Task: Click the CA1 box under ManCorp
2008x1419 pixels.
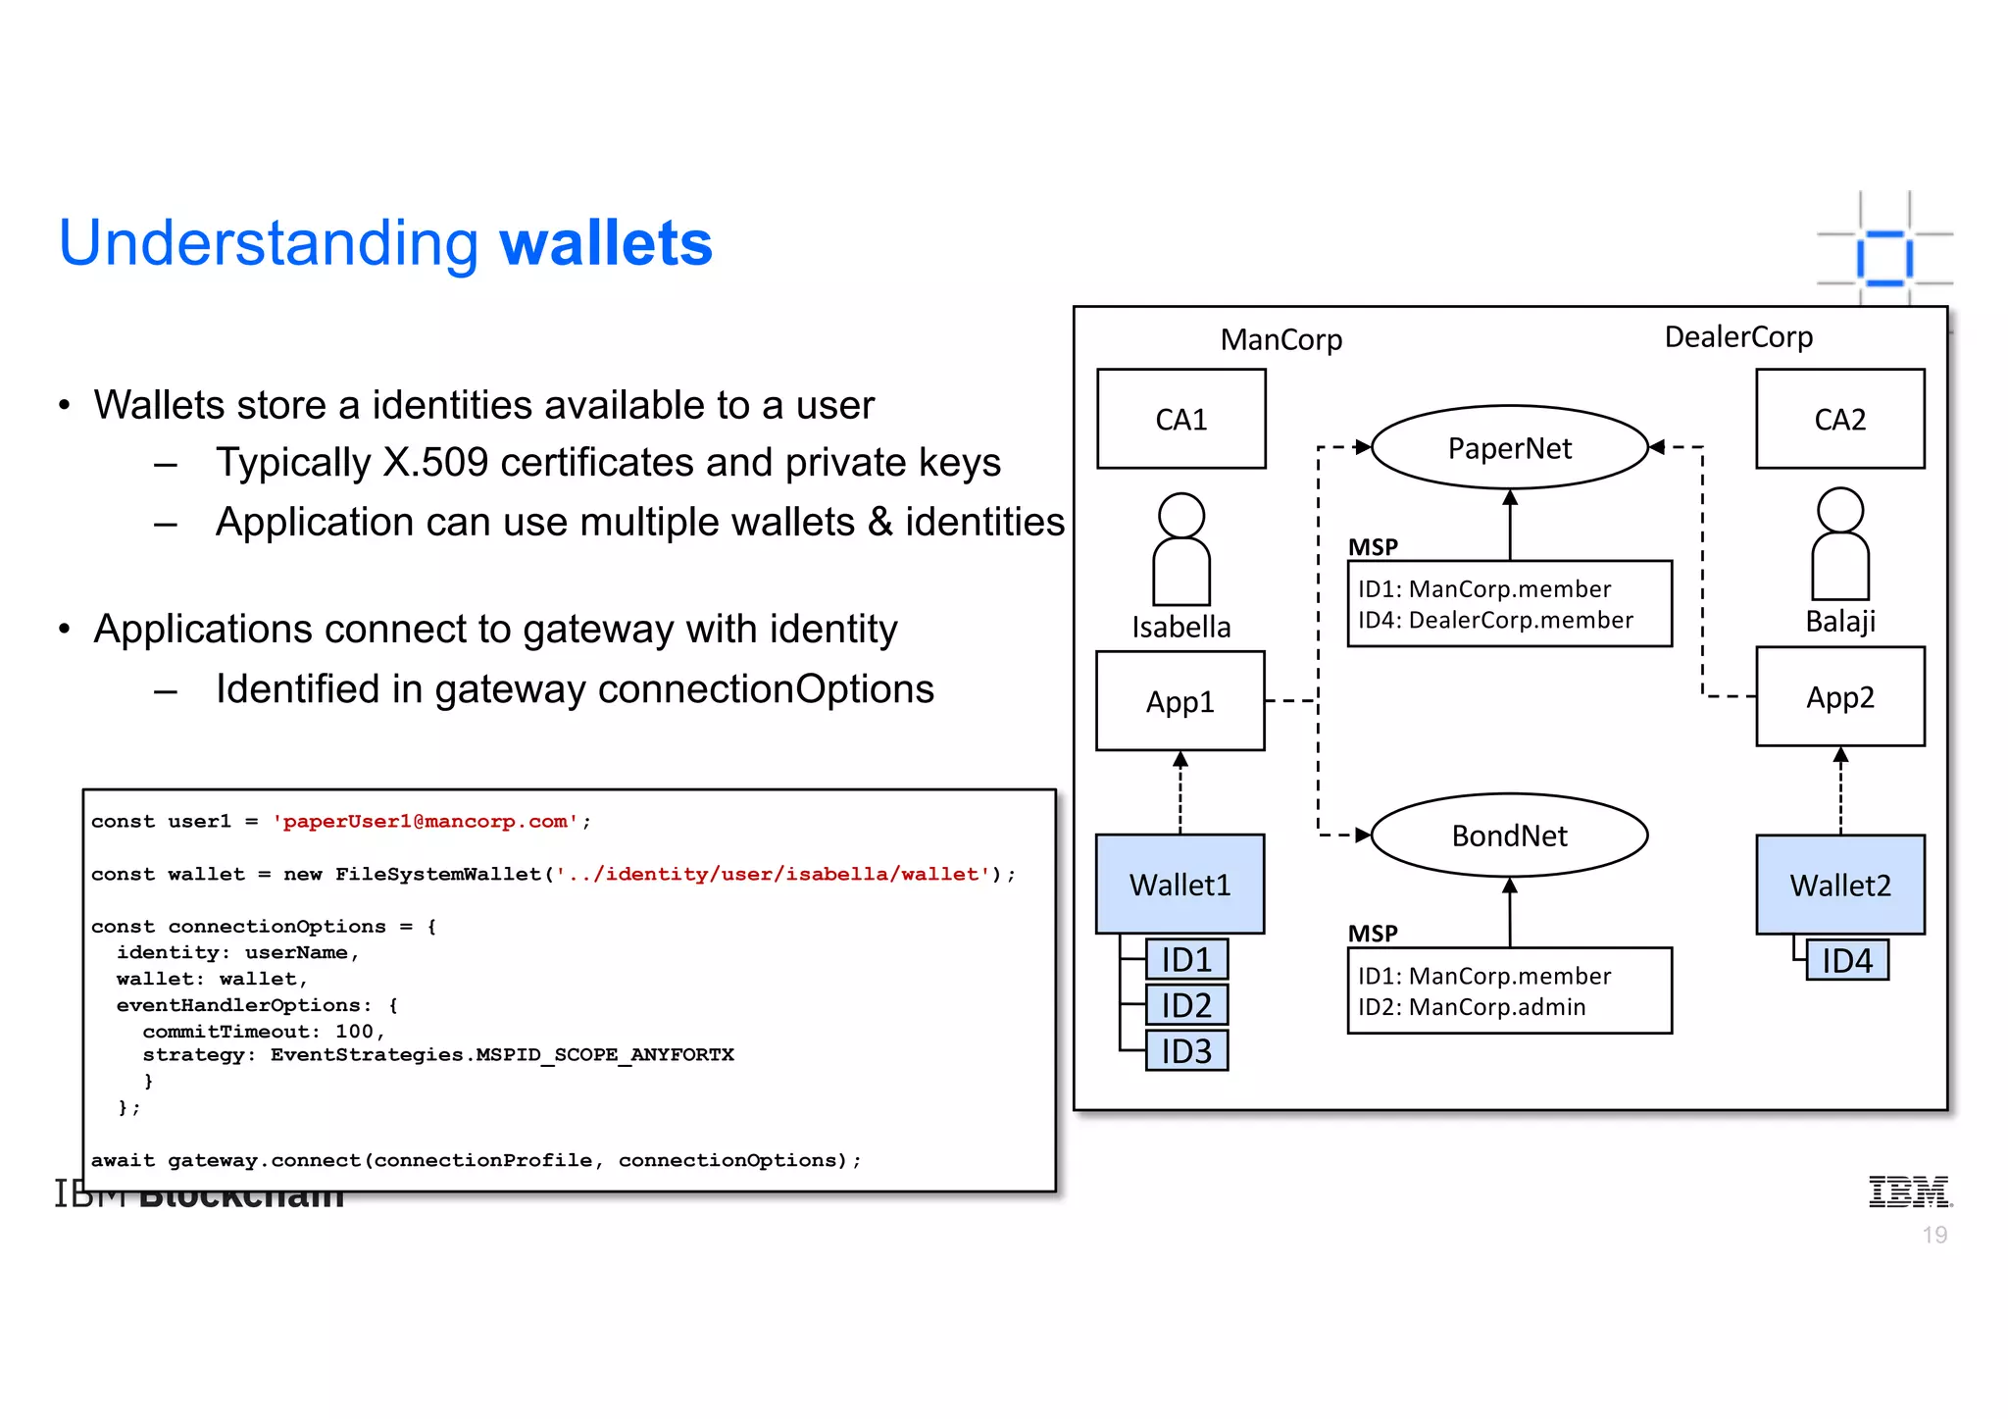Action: [1180, 419]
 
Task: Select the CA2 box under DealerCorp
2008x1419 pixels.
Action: [1839, 419]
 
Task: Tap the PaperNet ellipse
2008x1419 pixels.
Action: [1509, 448]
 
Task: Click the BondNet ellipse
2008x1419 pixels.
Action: [1509, 836]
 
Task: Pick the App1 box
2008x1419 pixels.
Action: [1180, 701]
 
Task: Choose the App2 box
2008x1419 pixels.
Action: [1839, 697]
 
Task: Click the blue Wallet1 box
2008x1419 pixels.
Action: [1180, 885]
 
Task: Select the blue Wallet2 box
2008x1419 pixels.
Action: [1839, 885]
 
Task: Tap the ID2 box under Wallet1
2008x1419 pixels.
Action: [1186, 1005]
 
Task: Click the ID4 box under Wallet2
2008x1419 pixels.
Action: [1846, 961]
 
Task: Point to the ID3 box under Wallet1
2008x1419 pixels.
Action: [1186, 1051]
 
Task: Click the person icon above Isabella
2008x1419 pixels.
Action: [1180, 549]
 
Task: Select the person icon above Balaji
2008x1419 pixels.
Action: [1839, 544]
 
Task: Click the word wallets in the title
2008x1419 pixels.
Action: [606, 243]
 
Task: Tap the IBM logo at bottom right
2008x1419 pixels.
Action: [1908, 1191]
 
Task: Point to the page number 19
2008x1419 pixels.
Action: [1934, 1235]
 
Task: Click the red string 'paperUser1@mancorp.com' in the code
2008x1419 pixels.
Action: [425, 822]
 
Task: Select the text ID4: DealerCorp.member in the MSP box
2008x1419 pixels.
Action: [1495, 620]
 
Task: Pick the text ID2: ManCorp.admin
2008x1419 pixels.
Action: [1471, 1007]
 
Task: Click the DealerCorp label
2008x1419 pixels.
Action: [1738, 337]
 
